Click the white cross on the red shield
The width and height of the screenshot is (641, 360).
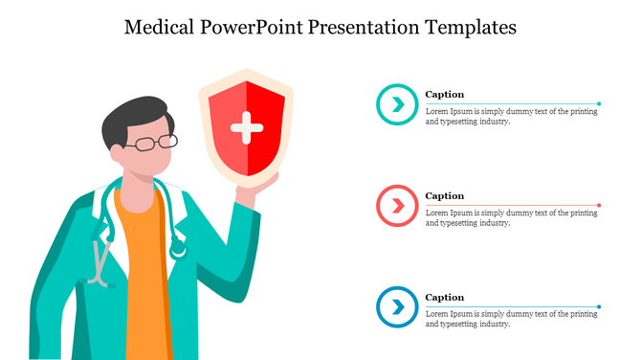[246, 127]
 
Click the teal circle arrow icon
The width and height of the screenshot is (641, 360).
[395, 104]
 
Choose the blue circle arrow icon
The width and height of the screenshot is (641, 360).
[395, 307]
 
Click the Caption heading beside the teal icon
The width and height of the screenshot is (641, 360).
[444, 95]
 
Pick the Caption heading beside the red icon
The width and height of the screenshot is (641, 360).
[444, 196]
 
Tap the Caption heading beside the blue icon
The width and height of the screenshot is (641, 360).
[444, 298]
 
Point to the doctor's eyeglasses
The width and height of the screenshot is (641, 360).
[154, 144]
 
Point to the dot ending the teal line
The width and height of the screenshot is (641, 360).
[599, 103]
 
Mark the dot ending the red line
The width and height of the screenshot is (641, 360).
[599, 205]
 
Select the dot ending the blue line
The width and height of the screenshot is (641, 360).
[599, 306]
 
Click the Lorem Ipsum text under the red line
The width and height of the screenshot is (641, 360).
[511, 218]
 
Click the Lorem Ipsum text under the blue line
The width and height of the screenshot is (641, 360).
[511, 320]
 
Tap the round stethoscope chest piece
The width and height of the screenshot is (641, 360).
[178, 251]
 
